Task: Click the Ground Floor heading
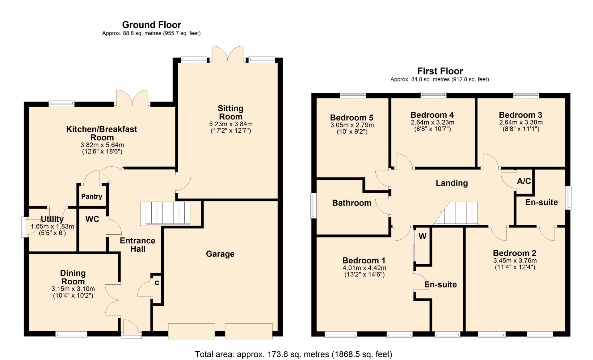[151, 25]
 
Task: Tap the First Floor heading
[440, 71]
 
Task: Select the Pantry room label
[91, 196]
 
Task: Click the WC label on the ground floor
[92, 219]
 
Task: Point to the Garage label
[220, 254]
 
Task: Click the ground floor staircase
[165, 213]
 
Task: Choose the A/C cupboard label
[524, 181]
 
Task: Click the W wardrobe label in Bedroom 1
[423, 236]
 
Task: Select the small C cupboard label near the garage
[157, 283]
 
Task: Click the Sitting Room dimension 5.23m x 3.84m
[231, 124]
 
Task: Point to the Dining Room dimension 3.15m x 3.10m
[73, 289]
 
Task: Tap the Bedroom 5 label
[352, 118]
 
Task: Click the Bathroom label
[352, 203]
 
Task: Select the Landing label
[452, 183]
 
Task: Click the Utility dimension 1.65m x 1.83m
[52, 226]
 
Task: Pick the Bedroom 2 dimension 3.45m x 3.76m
[515, 261]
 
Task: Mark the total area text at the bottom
[293, 354]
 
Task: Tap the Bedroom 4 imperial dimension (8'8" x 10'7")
[432, 129]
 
